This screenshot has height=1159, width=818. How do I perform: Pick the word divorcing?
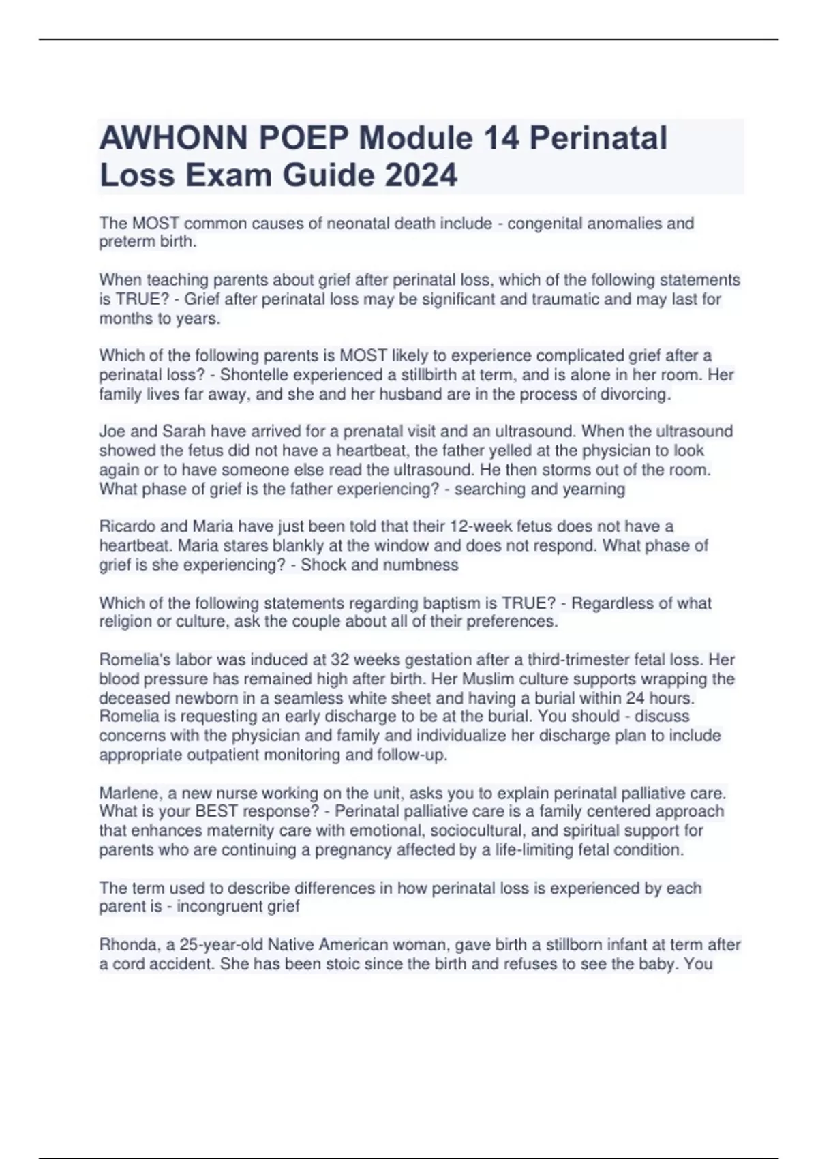633,394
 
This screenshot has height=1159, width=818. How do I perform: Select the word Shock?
323,565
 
